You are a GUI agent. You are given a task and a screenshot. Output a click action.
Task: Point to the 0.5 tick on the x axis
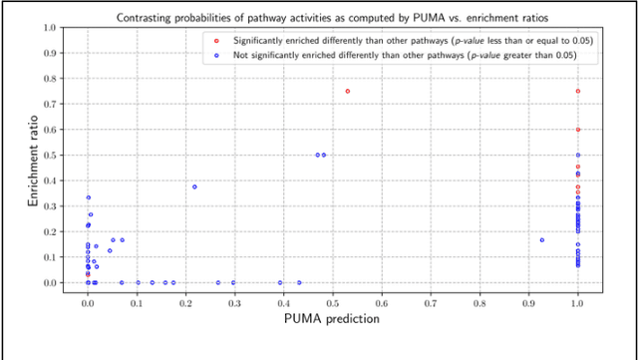pyautogui.click(x=333, y=297)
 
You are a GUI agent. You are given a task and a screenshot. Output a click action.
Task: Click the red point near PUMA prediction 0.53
pyautogui.click(x=348, y=91)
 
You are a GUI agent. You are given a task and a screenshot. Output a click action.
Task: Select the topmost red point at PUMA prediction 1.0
pyautogui.click(x=578, y=91)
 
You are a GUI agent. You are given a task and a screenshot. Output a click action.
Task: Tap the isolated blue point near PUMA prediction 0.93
pyautogui.click(x=542, y=240)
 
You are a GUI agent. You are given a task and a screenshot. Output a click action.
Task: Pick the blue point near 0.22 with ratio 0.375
pyautogui.click(x=194, y=186)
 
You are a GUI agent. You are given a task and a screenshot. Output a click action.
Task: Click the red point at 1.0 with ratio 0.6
pyautogui.click(x=578, y=130)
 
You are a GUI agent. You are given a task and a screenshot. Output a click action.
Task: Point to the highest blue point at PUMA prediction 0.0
pyautogui.click(x=89, y=197)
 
